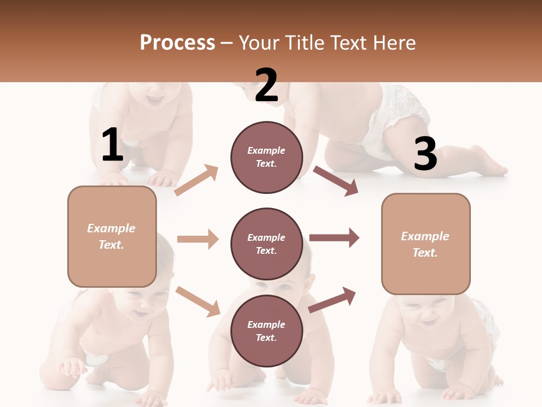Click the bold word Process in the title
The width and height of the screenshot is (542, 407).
(177, 43)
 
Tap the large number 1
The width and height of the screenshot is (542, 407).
(112, 145)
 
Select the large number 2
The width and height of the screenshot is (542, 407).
(266, 86)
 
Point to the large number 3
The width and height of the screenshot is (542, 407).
(425, 154)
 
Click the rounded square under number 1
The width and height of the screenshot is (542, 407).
(112, 236)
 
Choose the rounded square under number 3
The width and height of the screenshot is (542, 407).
(426, 244)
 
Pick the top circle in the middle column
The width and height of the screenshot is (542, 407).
(266, 157)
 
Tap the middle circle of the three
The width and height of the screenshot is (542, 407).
(266, 244)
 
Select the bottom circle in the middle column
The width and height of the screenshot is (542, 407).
(266, 331)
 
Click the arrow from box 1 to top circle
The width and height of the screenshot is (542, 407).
(196, 180)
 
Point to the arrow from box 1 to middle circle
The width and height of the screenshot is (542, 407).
(198, 239)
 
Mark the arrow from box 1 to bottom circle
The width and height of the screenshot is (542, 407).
(198, 301)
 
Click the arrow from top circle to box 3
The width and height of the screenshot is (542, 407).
(336, 180)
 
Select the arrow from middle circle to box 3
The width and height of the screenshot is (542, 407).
(334, 238)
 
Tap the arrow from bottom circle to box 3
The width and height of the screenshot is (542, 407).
(332, 300)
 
